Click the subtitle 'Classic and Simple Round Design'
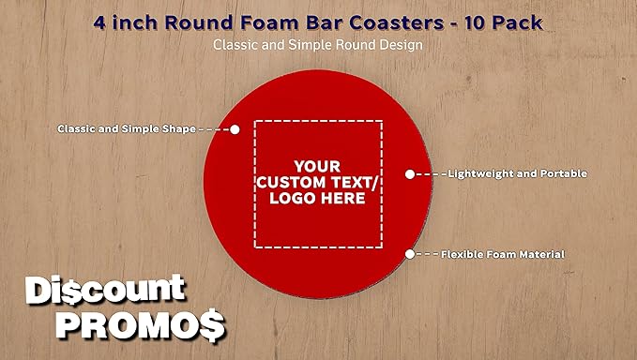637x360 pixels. pyautogui.click(x=317, y=44)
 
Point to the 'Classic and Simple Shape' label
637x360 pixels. pyautogui.click(x=126, y=128)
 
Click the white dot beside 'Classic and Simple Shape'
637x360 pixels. pyautogui.click(x=235, y=128)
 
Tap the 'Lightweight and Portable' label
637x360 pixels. pyautogui.click(x=517, y=173)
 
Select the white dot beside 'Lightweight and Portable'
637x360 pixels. pyautogui.click(x=409, y=173)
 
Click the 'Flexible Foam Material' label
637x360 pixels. pyautogui.click(x=503, y=254)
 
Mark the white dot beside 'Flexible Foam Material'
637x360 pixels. pyautogui.click(x=409, y=254)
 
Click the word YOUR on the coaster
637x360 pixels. pyautogui.click(x=317, y=161)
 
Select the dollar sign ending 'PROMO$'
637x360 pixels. pyautogui.click(x=211, y=324)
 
